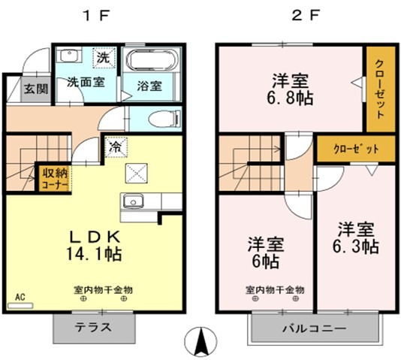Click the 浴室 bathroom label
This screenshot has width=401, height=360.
[x=149, y=86]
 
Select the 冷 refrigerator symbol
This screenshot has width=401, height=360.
[x=116, y=147]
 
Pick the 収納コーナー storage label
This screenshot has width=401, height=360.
[x=55, y=178]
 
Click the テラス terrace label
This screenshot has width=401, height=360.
[x=93, y=327]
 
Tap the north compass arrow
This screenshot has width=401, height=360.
[x=201, y=343]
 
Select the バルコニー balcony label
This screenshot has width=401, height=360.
[x=313, y=328]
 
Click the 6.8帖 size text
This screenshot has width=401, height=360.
[x=288, y=98]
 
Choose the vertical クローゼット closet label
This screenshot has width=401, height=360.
[x=379, y=88]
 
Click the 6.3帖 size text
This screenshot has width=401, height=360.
[x=355, y=246]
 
